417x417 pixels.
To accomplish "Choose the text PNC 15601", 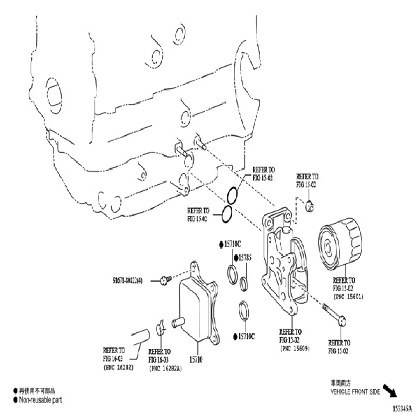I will click(x=349, y=296).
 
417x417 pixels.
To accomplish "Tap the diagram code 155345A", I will click(x=400, y=408).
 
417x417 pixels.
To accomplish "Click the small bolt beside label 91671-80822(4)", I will click(x=164, y=280).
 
